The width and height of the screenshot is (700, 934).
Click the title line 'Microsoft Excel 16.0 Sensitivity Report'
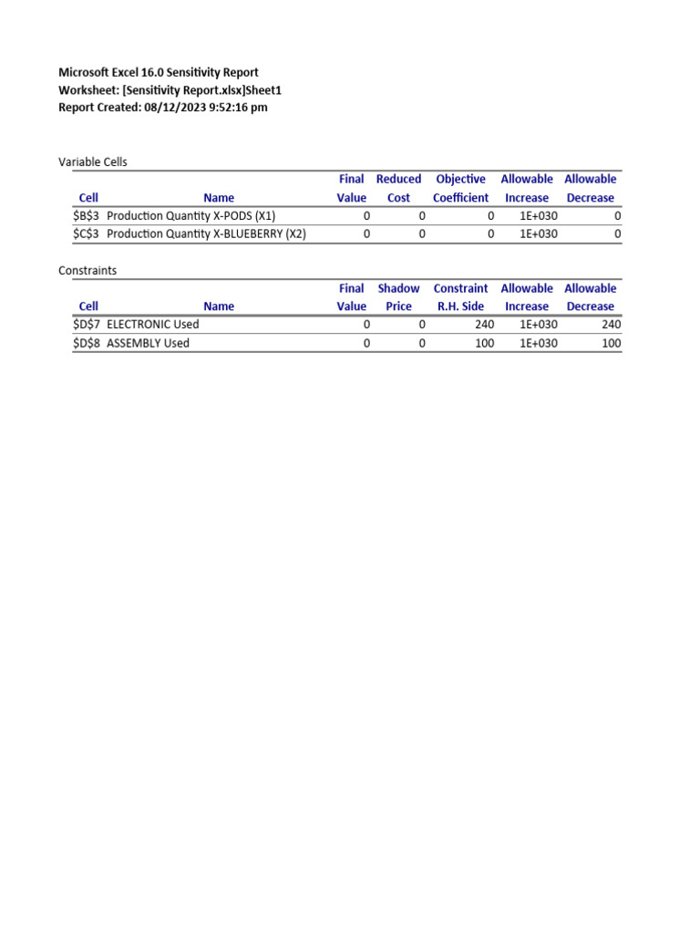[x=158, y=72]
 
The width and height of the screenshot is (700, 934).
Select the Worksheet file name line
[x=170, y=89]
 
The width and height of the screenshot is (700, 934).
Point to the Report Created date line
[x=162, y=107]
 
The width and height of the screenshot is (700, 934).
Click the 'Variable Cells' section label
[x=93, y=161]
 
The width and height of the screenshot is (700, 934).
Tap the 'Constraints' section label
[x=87, y=271]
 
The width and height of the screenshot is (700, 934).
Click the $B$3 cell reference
[x=87, y=216]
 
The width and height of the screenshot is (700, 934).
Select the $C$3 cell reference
[x=87, y=233]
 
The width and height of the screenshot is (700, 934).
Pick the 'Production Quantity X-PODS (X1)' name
[x=190, y=216]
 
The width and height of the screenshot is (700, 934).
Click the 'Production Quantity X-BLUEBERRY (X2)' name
[x=206, y=233]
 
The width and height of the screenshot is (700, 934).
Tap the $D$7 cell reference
[x=87, y=325]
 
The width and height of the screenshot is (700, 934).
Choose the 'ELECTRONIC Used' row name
[x=152, y=325]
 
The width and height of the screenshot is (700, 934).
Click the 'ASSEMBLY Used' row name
[x=148, y=343]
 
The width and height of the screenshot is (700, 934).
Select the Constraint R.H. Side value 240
[x=484, y=325]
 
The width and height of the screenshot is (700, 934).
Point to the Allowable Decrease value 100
[x=611, y=343]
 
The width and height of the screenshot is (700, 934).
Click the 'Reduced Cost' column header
[x=398, y=188]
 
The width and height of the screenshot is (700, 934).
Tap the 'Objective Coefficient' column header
[x=460, y=188]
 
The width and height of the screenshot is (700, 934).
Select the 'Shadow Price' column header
[x=398, y=297]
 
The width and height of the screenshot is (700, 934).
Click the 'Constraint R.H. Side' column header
[x=460, y=297]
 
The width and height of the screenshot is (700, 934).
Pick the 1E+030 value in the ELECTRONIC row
[x=538, y=325]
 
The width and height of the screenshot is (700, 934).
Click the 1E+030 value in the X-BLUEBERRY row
[x=538, y=233]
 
